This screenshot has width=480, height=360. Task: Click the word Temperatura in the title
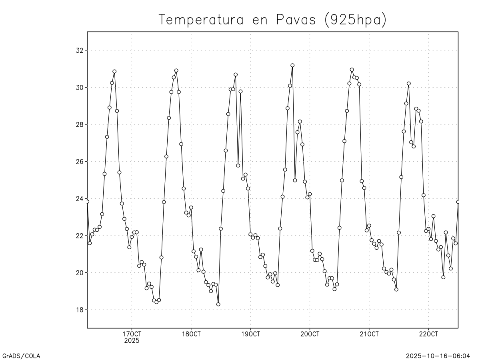tap(201, 20)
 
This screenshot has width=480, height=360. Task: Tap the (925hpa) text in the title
tap(356, 20)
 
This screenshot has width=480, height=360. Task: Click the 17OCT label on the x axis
tap(132, 334)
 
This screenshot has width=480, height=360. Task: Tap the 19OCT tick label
tap(250, 334)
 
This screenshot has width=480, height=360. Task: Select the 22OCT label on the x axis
tap(428, 334)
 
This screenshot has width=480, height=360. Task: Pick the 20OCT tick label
tap(310, 334)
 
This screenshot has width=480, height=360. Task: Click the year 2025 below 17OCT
tap(132, 341)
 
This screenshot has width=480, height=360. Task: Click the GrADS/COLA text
tap(21, 356)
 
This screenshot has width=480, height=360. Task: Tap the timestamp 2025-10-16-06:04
tap(438, 356)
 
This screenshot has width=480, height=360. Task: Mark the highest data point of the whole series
tap(292, 65)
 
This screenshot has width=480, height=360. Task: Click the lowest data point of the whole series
tap(218, 304)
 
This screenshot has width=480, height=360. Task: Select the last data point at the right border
tap(458, 202)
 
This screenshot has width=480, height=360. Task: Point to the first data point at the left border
tap(87, 202)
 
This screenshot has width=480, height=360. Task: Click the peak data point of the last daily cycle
tap(409, 84)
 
